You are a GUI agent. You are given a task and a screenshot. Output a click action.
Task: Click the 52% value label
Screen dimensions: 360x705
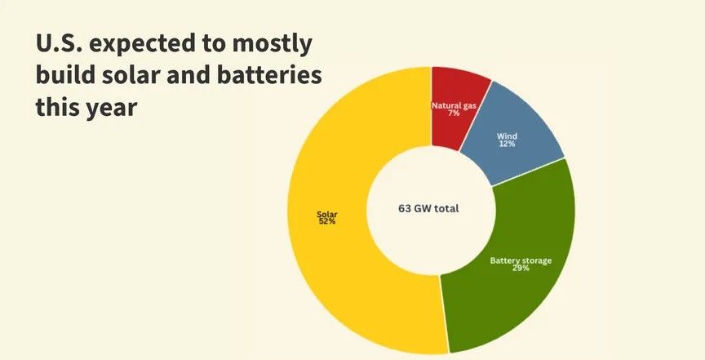326,222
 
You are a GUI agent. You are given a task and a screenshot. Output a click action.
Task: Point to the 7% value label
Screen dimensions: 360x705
453,113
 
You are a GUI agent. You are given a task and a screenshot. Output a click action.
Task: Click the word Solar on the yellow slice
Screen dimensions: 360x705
326,216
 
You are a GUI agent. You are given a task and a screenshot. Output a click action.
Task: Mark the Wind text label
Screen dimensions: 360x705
507,136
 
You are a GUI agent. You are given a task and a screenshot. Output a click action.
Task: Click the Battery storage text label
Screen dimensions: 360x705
521,260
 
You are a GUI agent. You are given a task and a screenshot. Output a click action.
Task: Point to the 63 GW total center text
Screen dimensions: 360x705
428,208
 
